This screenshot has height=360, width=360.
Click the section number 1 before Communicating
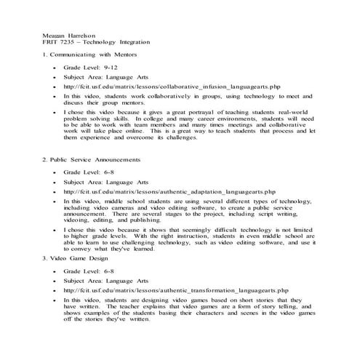click(45, 55)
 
